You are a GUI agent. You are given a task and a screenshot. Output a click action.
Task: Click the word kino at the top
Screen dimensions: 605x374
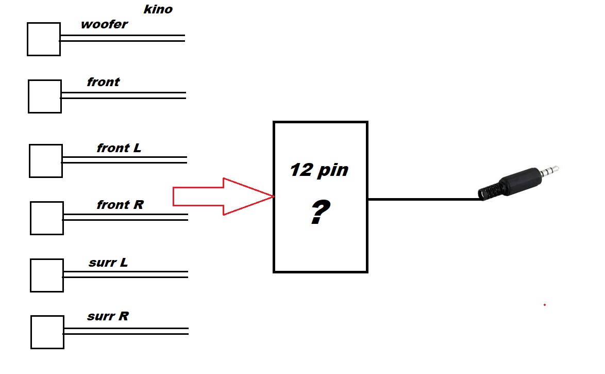tap(158, 9)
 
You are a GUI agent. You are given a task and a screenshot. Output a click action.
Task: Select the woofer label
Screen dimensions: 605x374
tap(104, 24)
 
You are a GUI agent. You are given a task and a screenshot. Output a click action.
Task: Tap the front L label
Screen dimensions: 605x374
tap(119, 148)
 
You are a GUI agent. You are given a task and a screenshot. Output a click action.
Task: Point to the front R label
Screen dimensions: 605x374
tap(120, 204)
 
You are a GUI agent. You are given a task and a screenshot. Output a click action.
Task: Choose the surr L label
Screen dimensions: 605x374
tap(108, 263)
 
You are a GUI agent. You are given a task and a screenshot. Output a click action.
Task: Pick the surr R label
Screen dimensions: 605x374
tap(108, 316)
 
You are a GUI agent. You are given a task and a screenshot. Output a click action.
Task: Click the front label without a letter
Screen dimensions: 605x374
tap(103, 82)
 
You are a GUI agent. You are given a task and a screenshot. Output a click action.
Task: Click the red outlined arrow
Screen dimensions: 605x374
tap(224, 196)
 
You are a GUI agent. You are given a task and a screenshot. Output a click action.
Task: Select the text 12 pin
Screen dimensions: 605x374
tap(319, 170)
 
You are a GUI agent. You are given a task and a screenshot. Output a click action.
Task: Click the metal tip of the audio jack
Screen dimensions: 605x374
tap(549, 170)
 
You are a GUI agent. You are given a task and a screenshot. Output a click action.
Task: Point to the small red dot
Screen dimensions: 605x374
tap(544, 305)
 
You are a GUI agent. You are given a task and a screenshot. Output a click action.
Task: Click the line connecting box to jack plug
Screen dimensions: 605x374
tap(425, 199)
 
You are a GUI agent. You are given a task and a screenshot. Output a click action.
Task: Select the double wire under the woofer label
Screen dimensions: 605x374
tap(122, 38)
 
